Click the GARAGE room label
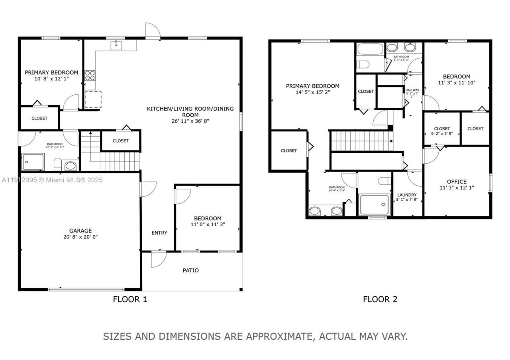(x=80, y=231)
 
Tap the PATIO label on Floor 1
(x=190, y=270)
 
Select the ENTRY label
(x=159, y=233)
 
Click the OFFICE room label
(x=456, y=182)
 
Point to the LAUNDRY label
(x=407, y=195)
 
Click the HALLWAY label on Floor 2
(x=412, y=90)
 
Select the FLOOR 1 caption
(x=130, y=299)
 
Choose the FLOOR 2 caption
(x=380, y=299)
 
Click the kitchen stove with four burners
(x=90, y=76)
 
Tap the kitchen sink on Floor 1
(x=116, y=45)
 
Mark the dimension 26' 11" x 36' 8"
(x=190, y=121)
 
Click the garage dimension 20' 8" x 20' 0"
(x=80, y=237)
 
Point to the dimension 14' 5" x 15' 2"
(x=312, y=92)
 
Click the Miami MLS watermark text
(x=52, y=180)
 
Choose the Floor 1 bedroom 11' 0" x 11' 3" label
(x=208, y=221)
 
